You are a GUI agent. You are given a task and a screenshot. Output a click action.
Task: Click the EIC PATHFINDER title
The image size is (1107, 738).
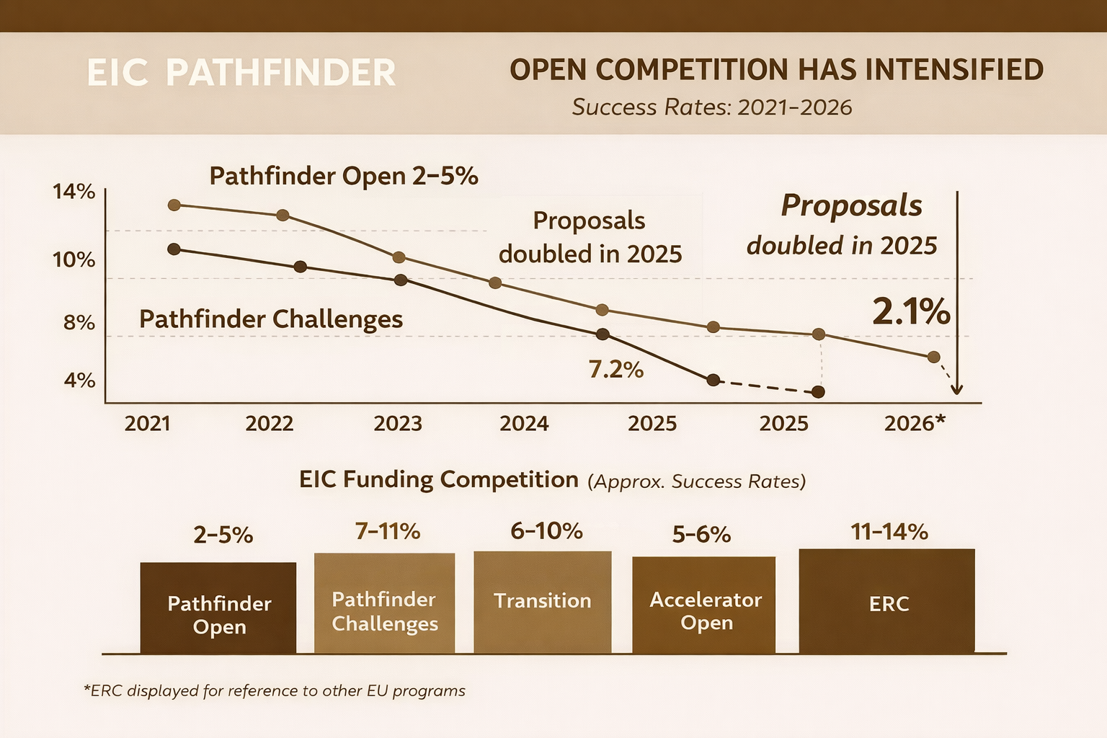[241, 73]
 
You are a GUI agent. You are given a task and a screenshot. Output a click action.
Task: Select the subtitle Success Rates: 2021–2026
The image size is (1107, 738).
[712, 107]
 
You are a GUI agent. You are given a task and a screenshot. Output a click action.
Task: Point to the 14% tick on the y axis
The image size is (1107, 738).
[74, 192]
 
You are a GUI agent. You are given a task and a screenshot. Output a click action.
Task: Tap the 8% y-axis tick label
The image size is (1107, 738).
[79, 322]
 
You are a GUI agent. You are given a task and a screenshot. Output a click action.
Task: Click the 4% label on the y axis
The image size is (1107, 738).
[79, 380]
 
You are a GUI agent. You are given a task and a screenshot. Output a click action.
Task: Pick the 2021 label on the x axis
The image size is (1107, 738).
[147, 423]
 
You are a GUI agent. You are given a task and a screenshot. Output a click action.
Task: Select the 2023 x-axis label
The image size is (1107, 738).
[397, 423]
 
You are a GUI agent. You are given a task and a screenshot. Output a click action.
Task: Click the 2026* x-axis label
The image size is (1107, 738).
[914, 423]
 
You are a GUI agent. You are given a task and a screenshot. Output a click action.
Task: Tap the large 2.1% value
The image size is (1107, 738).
[911, 311]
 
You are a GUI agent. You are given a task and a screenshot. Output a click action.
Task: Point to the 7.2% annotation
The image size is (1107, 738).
[615, 369]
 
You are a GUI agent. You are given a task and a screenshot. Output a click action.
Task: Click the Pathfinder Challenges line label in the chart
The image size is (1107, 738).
[270, 319]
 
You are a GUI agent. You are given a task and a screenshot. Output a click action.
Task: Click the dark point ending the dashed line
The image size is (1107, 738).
[818, 392]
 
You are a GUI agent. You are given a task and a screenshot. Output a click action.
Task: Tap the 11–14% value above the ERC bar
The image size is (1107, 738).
[889, 532]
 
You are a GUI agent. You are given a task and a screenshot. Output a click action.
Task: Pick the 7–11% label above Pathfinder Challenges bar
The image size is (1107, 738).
[387, 531]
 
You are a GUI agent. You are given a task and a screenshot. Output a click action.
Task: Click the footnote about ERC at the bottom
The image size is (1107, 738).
[275, 690]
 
